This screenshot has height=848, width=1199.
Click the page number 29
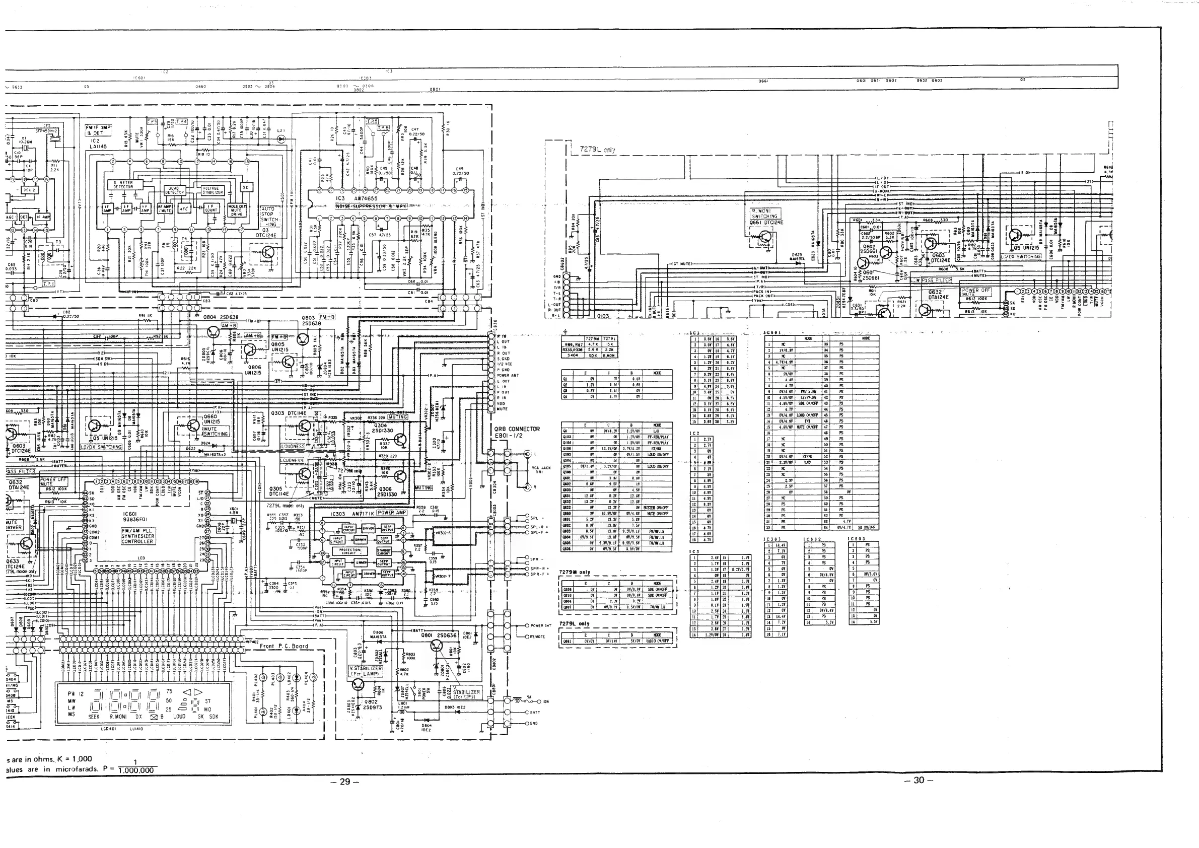[344, 782]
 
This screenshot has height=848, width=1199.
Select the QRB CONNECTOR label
[517, 429]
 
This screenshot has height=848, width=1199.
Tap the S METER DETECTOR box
[123, 185]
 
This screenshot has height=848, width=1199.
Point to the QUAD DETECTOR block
[174, 190]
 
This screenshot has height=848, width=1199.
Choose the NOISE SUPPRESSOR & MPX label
[371, 206]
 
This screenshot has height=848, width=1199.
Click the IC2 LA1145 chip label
[98, 144]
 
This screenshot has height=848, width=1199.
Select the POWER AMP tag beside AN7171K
[392, 513]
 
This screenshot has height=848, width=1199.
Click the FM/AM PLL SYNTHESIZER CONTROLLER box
[138, 536]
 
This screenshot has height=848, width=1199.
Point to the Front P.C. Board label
[284, 646]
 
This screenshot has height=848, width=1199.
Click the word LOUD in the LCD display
[179, 717]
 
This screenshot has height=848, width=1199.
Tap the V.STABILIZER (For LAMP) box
[366, 671]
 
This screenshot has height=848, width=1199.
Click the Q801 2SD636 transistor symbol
[437, 647]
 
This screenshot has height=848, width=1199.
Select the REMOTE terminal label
[537, 637]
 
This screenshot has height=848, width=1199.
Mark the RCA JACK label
[541, 469]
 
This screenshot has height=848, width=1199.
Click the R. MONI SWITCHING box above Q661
[764, 213]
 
